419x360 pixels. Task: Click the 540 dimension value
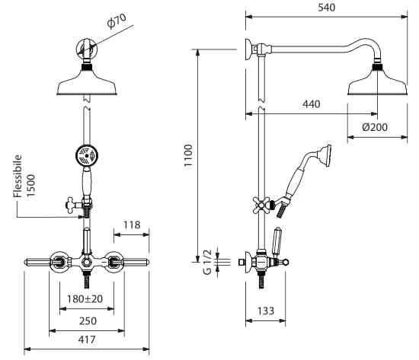[x=326, y=8]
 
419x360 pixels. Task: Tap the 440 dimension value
[x=312, y=104]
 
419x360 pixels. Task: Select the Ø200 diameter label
[x=375, y=127]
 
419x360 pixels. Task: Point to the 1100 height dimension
[x=188, y=155]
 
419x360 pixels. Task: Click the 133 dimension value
[x=266, y=311]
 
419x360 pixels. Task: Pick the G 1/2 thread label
[x=207, y=262]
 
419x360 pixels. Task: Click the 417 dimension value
[x=87, y=339]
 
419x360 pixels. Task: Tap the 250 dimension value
[x=88, y=320]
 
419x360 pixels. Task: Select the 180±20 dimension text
[x=85, y=299]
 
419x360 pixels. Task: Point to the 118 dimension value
[x=132, y=225]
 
